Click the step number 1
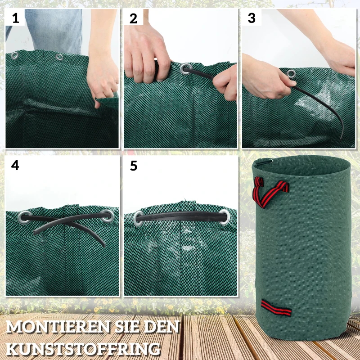(x=16, y=18)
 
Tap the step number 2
(x=133, y=18)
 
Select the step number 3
(x=252, y=18)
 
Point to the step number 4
(x=15, y=165)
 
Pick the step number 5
(x=133, y=166)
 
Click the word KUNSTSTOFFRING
(x=84, y=348)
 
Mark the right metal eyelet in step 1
(x=59, y=57)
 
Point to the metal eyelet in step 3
(x=291, y=73)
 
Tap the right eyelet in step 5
(x=224, y=216)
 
